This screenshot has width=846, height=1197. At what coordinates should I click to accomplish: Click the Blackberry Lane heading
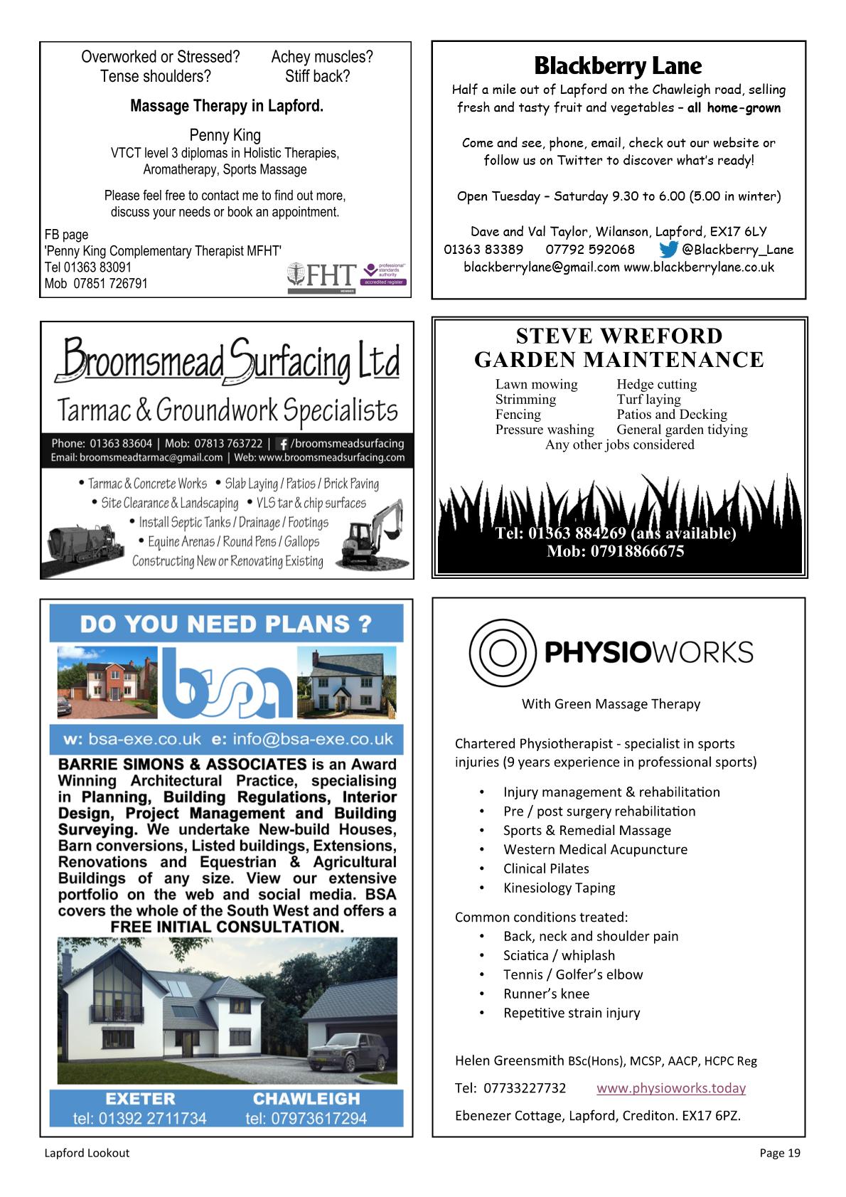click(x=618, y=66)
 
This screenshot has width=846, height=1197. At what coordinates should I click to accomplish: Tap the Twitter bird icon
click(x=668, y=250)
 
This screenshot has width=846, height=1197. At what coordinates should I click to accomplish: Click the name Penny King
click(x=225, y=135)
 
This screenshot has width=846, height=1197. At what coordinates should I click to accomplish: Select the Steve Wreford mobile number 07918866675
click(x=615, y=551)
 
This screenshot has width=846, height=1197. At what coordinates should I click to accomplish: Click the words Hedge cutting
click(x=656, y=384)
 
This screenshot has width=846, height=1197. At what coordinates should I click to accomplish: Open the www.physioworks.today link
click(x=671, y=1087)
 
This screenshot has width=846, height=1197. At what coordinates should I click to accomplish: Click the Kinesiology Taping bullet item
click(x=559, y=888)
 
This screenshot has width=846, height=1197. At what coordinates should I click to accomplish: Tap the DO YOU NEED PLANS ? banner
click(x=226, y=624)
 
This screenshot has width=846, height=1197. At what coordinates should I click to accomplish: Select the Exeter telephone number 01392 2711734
click(x=139, y=1118)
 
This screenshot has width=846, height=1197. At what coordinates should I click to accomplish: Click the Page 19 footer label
click(x=779, y=1153)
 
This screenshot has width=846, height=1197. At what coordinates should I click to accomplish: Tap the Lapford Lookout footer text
click(x=87, y=1153)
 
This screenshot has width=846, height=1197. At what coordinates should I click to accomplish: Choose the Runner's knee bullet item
click(x=546, y=994)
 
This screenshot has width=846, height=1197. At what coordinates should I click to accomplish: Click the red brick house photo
click(x=105, y=681)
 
